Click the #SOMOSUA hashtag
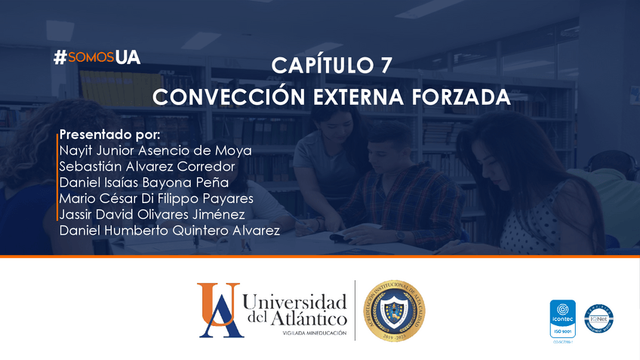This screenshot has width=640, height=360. (97, 57)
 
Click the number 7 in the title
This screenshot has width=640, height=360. (385, 66)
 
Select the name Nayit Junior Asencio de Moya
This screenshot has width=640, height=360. (155, 150)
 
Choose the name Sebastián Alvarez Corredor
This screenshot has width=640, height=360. (147, 166)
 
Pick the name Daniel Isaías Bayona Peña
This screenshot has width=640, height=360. (143, 182)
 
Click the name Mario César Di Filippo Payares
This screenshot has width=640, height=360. (155, 198)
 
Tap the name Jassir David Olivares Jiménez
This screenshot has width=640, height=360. (152, 214)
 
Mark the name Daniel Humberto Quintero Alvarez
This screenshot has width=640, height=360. (169, 229)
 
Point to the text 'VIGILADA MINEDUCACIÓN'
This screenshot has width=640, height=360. (314, 333)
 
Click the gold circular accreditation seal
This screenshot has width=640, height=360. (393, 310)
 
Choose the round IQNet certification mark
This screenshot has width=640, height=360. (599, 318)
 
